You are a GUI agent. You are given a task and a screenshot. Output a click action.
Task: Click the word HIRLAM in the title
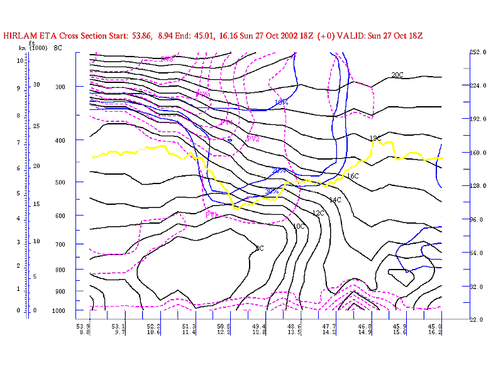(19, 35)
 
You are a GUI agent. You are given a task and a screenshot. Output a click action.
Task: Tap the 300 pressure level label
(61, 86)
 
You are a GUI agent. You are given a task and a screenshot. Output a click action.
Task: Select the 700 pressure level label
(61, 244)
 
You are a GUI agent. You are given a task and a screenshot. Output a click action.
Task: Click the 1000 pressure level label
(59, 311)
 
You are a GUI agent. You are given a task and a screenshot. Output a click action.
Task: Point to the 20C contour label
(397, 75)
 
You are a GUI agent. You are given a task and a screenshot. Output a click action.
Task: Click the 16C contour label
(352, 177)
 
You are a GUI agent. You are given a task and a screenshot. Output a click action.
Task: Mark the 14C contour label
(335, 200)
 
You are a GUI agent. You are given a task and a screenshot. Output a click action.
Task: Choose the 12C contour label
(318, 214)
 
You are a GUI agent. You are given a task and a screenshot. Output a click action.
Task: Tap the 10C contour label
(299, 226)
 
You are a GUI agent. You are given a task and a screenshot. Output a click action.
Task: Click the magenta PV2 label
(253, 139)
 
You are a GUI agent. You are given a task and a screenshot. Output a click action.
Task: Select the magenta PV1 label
(212, 215)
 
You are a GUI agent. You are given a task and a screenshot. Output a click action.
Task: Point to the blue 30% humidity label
(272, 192)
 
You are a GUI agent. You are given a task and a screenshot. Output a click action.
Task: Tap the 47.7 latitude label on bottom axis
(329, 327)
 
